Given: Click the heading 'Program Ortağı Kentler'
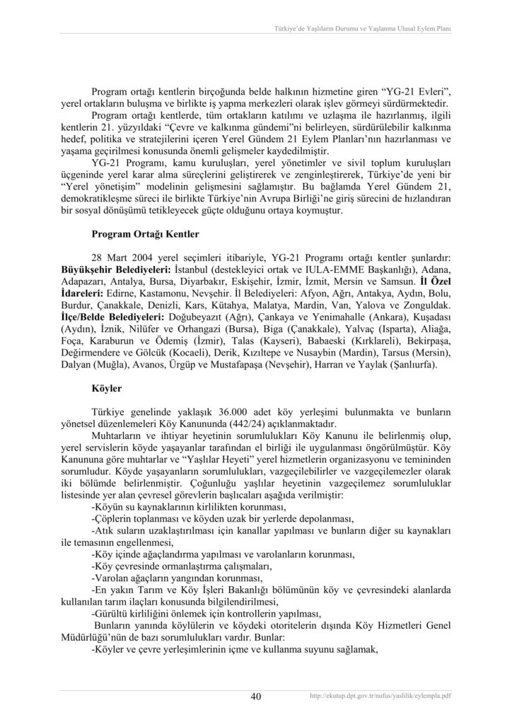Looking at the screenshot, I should point(146,233).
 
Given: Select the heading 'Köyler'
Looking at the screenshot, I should point(107,388).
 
